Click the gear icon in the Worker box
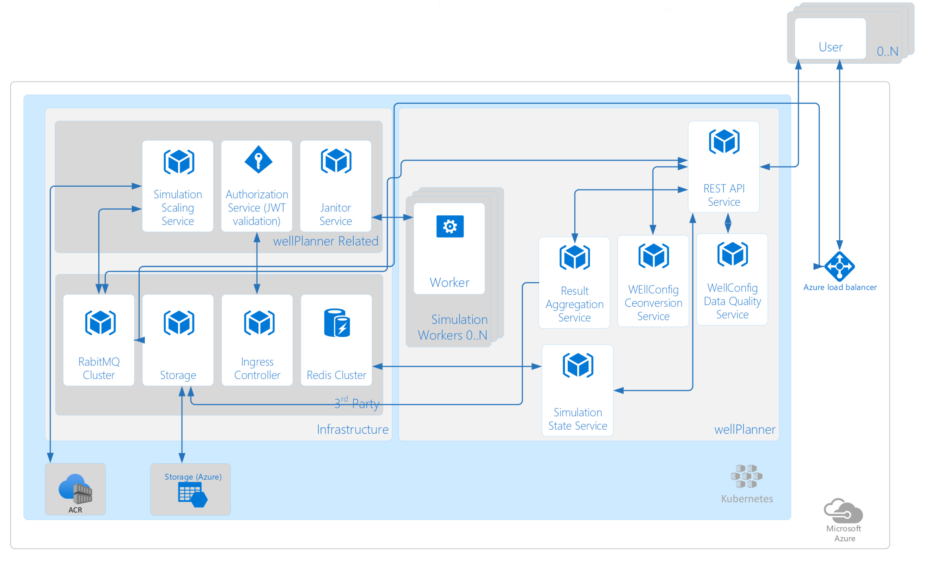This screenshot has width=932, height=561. point(449,226)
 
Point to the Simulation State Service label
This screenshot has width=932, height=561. point(577,419)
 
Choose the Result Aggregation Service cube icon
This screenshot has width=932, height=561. point(574,257)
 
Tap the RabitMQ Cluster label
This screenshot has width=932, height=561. point(99,368)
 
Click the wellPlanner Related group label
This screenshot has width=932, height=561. point(325,241)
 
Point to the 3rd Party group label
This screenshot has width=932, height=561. point(356,403)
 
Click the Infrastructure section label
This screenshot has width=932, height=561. point(352,429)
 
